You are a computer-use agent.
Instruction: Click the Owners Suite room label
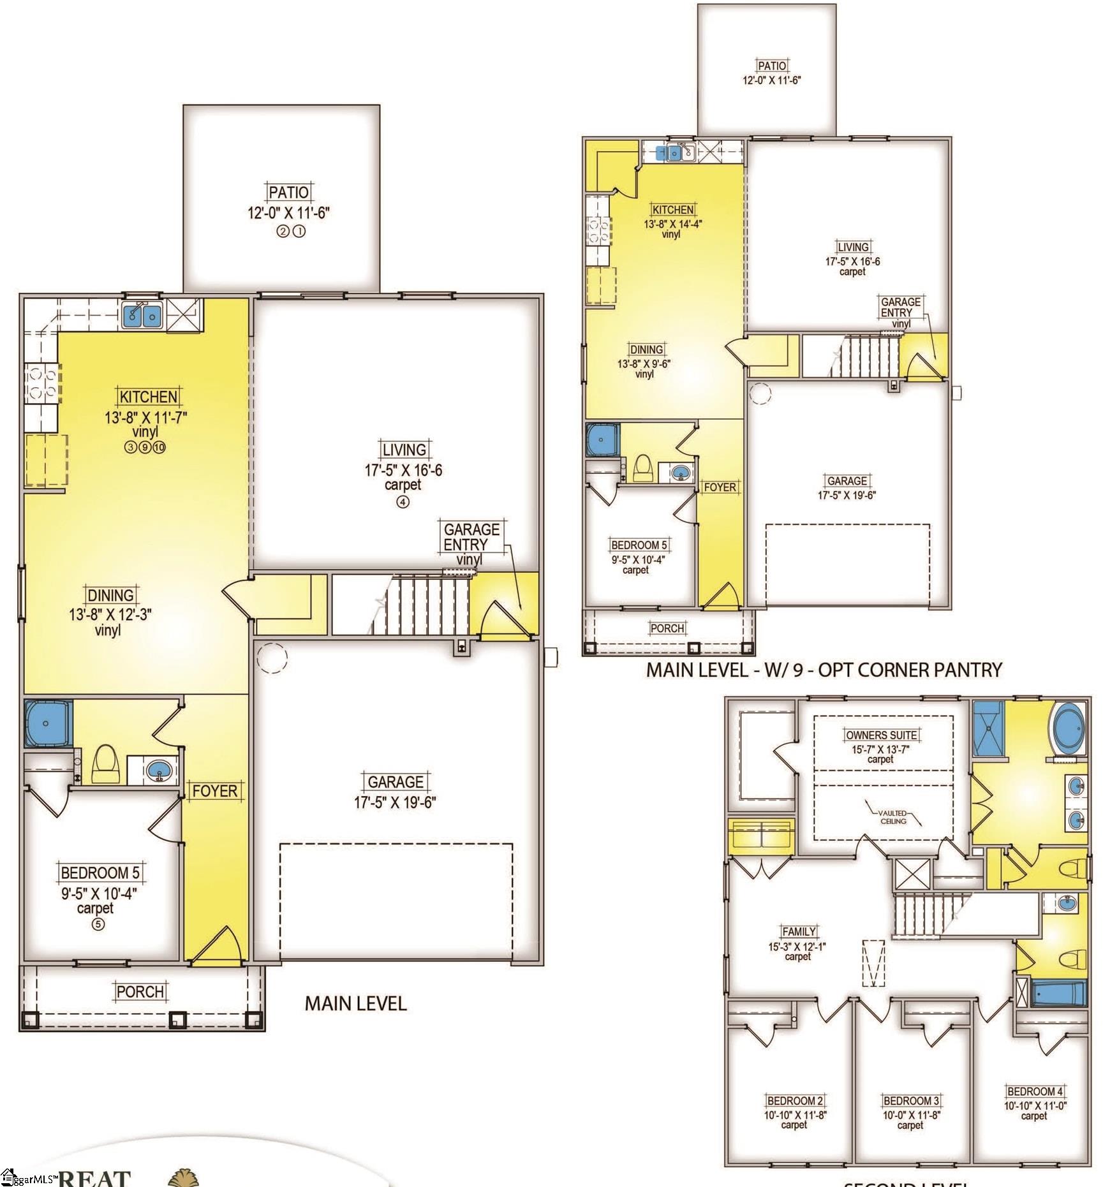point(882,735)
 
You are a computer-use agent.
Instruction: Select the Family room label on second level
point(799,931)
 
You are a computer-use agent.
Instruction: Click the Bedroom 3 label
point(910,1101)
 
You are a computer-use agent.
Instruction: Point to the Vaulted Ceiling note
point(893,817)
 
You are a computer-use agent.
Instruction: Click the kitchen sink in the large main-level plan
point(143,314)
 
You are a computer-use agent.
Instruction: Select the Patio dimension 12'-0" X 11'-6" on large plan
point(288,213)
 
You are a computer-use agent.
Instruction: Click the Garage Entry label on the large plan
point(471,537)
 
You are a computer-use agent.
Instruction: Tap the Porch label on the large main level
point(140,992)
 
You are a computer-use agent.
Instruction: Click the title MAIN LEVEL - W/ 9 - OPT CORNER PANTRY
point(824,670)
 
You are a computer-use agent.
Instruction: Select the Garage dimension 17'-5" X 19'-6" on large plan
point(395,802)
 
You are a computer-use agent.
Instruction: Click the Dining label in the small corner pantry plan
point(646,350)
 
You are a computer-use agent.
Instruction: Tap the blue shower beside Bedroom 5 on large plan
point(48,723)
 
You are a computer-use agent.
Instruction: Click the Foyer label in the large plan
point(215,791)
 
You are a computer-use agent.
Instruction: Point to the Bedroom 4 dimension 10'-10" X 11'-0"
point(1035,1106)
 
